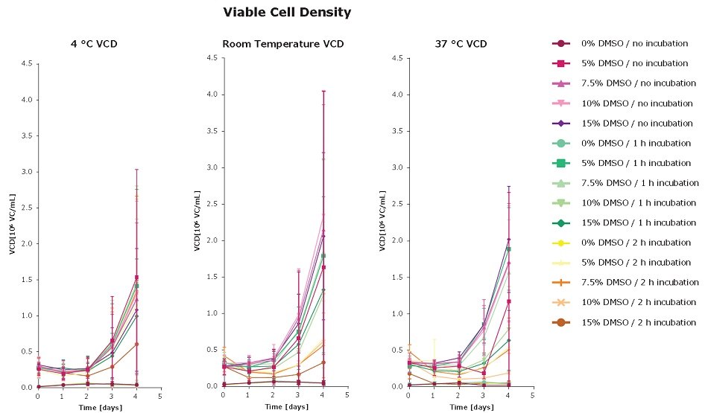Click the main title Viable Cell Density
287,13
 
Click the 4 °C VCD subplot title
88,44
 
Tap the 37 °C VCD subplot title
461,44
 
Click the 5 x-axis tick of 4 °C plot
160,396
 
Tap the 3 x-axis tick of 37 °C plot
483,395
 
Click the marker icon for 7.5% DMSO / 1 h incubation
561,183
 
